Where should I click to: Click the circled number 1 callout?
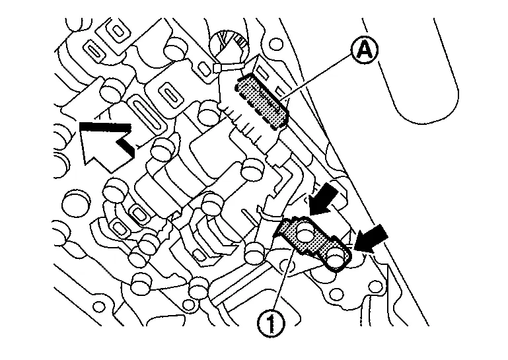pyautogui.click(x=271, y=323)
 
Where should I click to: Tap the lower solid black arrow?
pyautogui.click(x=370, y=238)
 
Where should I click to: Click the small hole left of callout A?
pyautogui.click(x=276, y=44)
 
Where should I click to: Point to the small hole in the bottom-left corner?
pyautogui.click(x=98, y=307)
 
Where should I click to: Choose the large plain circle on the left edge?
pyautogui.click(x=75, y=205)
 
